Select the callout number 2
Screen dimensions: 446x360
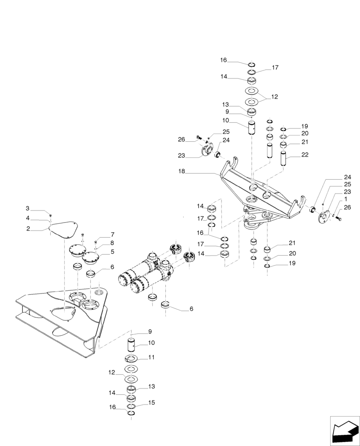[x=28, y=229]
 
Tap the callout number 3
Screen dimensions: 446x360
[x=28, y=209]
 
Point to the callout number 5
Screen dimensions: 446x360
[x=28, y=219]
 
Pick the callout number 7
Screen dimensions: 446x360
[x=112, y=252]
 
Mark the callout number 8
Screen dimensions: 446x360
[x=112, y=243]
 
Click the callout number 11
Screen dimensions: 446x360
[x=112, y=235]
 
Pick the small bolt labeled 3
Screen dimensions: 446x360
[x=51, y=216]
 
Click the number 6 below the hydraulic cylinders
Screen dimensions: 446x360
[x=191, y=308]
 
